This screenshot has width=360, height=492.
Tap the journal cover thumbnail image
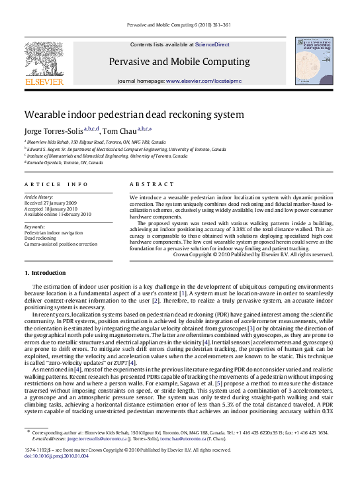point(314,61)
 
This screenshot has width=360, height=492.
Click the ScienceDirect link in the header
point(212,44)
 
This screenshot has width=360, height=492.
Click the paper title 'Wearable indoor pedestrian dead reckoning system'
point(134,115)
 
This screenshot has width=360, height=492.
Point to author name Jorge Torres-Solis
point(54,130)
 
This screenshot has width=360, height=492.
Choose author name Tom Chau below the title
point(120,130)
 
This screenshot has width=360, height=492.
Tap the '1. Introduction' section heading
point(45,272)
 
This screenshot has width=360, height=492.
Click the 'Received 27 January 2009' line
point(50,203)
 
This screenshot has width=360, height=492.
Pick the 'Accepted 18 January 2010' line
point(51,209)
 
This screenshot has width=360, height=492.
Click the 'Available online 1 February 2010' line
point(58,215)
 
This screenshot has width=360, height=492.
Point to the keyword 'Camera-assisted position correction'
point(60,244)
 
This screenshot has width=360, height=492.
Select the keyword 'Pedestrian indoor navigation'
point(54,233)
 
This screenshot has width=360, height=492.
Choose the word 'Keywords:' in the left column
point(34,226)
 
